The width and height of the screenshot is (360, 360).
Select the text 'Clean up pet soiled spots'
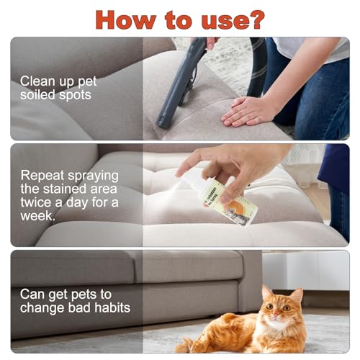click(58, 88)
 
